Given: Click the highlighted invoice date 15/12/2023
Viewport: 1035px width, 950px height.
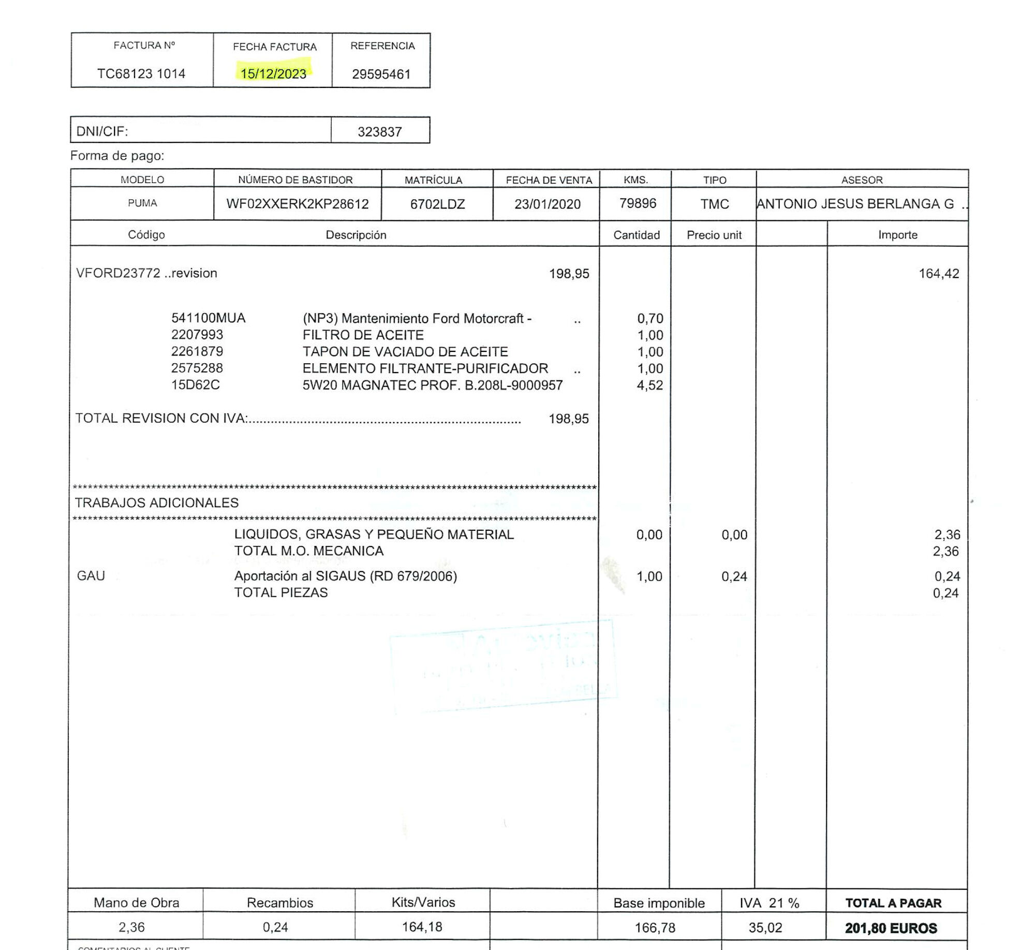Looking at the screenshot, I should point(273,73).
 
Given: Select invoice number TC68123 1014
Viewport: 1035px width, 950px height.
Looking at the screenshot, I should point(141,73).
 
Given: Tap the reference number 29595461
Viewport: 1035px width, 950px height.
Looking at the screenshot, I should point(381,74).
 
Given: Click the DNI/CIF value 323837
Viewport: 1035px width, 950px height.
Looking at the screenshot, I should point(380,132).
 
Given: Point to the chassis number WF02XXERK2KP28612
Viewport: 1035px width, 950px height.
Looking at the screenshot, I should point(298,204).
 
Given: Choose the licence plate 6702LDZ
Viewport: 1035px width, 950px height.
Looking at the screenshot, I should point(437,204).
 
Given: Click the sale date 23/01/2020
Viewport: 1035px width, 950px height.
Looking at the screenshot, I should point(548,204).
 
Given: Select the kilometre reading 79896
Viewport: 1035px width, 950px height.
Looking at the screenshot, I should point(638,203).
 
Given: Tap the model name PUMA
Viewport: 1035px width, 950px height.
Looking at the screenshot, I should point(142,203).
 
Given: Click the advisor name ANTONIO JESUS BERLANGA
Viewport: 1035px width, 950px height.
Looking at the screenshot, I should point(855,204).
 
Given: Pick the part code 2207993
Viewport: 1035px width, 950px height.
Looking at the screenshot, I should point(197,335).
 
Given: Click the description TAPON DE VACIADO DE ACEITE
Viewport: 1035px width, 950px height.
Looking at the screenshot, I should point(405,352).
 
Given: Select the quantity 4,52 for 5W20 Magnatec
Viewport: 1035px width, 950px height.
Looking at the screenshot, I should point(650,385).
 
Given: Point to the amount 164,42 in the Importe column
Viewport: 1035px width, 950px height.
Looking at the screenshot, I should point(939,273).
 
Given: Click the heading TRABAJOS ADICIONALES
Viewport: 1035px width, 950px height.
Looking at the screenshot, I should point(157,502).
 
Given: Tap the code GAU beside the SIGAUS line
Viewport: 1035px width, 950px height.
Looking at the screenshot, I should point(91,576).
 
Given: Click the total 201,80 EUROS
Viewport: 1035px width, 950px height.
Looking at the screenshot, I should point(891,928).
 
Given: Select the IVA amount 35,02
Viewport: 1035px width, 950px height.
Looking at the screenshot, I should point(765,928).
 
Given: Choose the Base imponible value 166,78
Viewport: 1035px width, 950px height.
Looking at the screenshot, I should point(655,928).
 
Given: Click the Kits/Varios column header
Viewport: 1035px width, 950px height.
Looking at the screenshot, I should point(423,902).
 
